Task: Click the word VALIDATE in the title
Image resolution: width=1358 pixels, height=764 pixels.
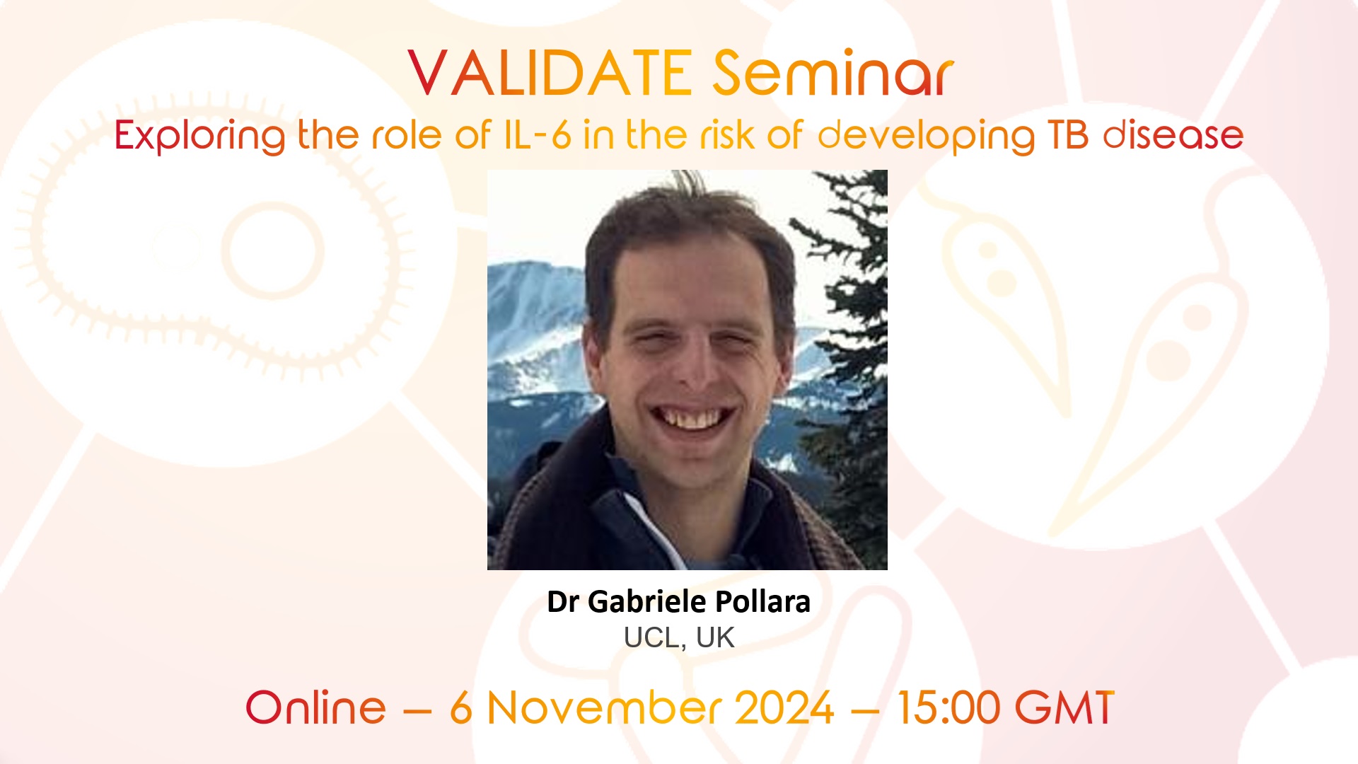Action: point(550,74)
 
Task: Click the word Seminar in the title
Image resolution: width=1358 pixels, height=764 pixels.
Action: point(832,74)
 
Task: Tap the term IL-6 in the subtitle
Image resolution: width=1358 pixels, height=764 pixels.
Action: point(537,135)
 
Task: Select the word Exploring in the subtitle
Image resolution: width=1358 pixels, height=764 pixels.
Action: point(199,136)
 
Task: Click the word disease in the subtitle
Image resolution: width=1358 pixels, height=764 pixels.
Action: point(1173,135)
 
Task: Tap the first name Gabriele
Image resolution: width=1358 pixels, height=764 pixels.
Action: point(646,602)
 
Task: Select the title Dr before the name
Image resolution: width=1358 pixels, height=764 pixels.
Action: point(563,602)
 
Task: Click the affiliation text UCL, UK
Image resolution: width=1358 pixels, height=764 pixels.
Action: point(679,638)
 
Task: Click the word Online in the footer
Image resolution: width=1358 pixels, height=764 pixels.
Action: point(315,707)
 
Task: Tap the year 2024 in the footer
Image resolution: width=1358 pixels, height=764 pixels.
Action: point(784,707)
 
